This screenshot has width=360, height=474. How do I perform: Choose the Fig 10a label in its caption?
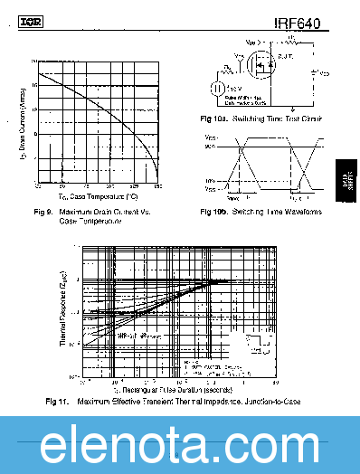click(x=214, y=118)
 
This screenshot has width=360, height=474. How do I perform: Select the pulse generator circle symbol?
click(x=218, y=88)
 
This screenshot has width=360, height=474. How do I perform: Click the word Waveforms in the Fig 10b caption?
click(x=299, y=212)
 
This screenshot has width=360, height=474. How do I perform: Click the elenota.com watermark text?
click(x=180, y=446)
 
